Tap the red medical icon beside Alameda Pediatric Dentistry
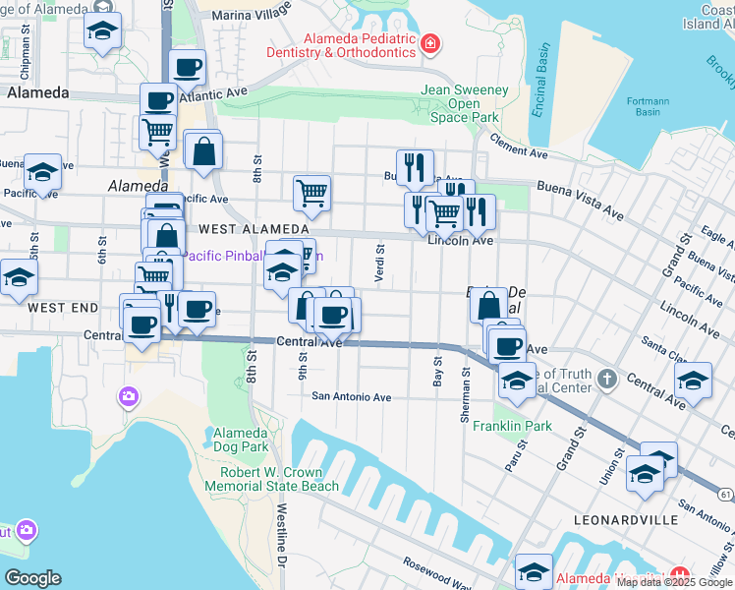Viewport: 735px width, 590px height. [x=429, y=43]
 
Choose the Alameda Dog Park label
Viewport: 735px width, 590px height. [x=241, y=440]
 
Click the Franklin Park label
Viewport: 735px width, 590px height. [x=512, y=426]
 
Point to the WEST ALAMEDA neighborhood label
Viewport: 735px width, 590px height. [x=246, y=228]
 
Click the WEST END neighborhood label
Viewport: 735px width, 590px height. [x=63, y=308]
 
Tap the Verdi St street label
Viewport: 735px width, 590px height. [x=379, y=264]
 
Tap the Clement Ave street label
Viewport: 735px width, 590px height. [x=518, y=147]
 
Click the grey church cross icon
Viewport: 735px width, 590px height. [x=607, y=379]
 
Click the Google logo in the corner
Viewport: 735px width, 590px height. [x=32, y=578]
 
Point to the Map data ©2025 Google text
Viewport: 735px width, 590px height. [x=674, y=582]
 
